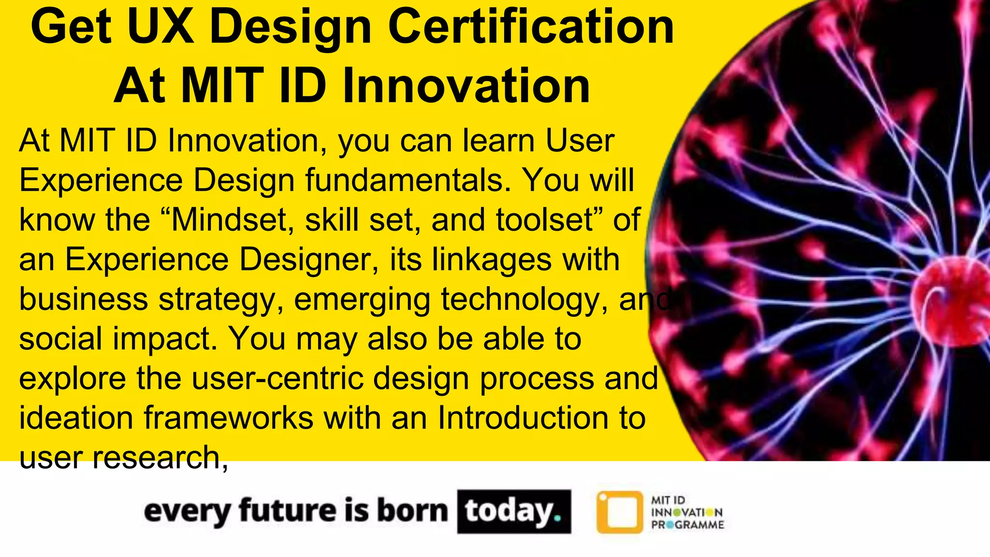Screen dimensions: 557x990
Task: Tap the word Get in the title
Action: pos(71,28)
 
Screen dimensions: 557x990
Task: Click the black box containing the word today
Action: pos(514,512)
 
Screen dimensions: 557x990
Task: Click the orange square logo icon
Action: pos(620,512)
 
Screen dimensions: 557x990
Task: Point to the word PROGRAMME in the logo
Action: pos(687,525)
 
